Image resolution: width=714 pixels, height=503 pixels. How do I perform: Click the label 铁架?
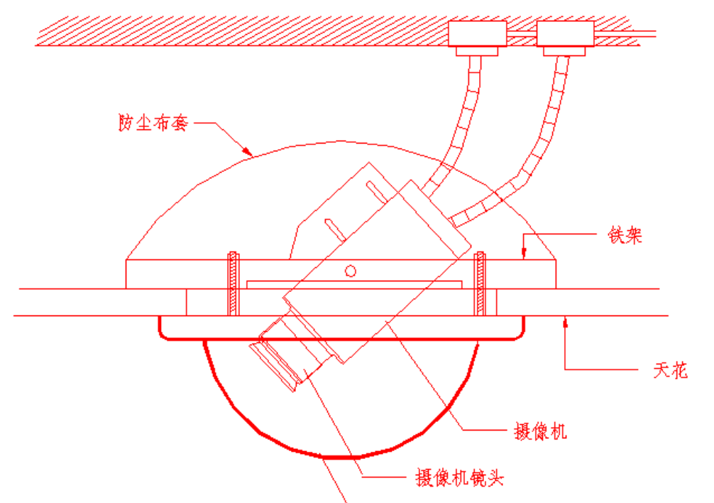pyautogui.click(x=624, y=235)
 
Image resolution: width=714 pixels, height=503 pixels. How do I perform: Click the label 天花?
pyautogui.click(x=669, y=370)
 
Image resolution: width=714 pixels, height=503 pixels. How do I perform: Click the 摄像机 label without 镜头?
pyautogui.click(x=539, y=431)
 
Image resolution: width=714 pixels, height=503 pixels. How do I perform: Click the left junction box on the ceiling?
pyautogui.click(x=477, y=33)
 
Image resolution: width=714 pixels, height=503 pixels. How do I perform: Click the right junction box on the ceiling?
pyautogui.click(x=564, y=33)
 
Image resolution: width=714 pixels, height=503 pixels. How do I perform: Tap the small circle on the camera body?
pyautogui.click(x=349, y=270)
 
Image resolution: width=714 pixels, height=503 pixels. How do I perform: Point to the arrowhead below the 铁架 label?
pyautogui.click(x=524, y=253)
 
